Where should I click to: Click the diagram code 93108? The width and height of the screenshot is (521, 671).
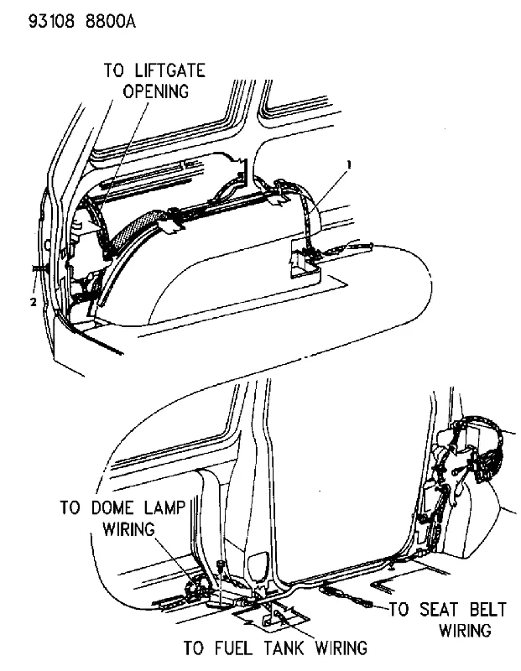51,20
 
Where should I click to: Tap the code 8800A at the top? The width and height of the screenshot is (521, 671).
111,20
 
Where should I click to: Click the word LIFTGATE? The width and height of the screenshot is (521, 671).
170,70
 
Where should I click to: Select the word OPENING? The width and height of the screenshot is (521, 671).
156,91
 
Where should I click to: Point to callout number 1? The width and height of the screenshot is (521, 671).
349,164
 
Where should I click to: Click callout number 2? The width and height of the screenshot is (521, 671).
33,302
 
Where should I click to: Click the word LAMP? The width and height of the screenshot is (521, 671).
164,508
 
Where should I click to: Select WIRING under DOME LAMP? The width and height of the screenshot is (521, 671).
129,529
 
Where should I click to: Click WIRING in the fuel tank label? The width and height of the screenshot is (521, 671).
341,648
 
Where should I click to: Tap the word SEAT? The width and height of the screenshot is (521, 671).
440,610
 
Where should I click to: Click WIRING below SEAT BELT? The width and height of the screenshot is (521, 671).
466,631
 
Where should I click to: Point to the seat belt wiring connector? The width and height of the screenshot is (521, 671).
346,596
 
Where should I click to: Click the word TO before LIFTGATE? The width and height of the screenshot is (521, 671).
113,70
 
